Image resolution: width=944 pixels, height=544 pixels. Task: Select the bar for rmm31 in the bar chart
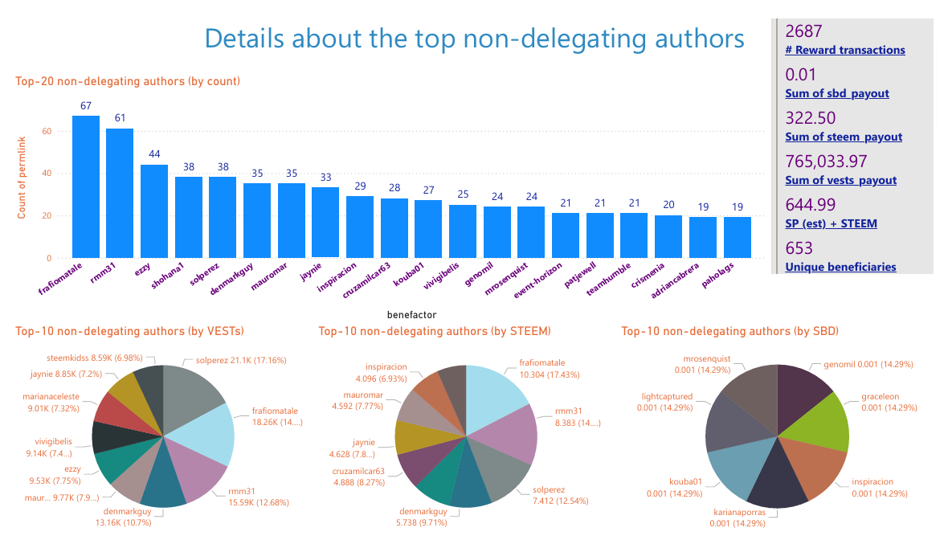pyautogui.click(x=120, y=194)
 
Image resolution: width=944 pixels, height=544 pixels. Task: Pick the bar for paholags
pyautogui.click(x=737, y=238)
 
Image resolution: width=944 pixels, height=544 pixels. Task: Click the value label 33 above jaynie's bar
pyautogui.click(x=325, y=178)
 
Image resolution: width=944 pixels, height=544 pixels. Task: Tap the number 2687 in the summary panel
pyautogui.click(x=803, y=31)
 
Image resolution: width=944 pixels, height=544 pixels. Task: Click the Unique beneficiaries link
pyautogui.click(x=840, y=267)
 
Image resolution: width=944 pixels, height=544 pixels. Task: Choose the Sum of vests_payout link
pyautogui.click(x=840, y=180)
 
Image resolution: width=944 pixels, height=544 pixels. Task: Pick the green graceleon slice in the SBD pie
pyautogui.click(x=819, y=418)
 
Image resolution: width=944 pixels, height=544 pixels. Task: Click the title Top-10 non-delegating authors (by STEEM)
pyautogui.click(x=435, y=330)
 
